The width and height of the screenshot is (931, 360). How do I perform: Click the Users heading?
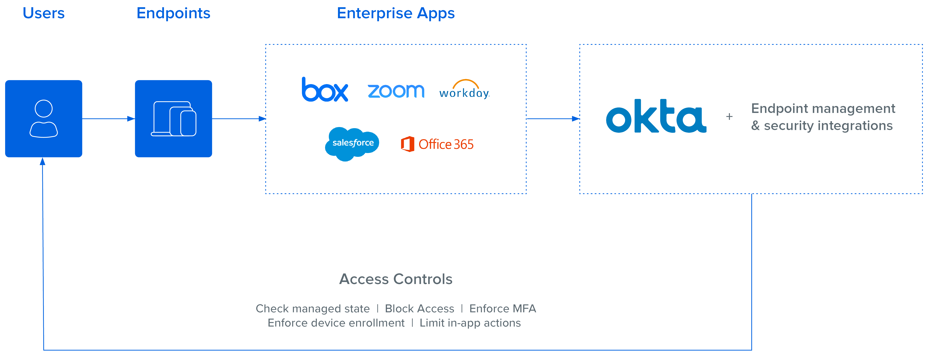(x=44, y=13)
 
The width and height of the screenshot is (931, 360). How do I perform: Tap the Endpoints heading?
(x=173, y=13)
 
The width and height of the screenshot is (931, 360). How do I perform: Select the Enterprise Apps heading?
(x=396, y=13)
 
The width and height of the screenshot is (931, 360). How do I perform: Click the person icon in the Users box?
(x=44, y=118)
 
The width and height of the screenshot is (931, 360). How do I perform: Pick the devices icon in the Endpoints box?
(x=173, y=118)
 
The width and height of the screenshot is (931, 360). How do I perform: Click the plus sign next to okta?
(x=729, y=116)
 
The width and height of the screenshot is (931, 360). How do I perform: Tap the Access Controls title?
(x=396, y=279)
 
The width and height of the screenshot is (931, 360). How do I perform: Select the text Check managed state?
(x=313, y=309)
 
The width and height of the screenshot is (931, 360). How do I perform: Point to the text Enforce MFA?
(x=502, y=309)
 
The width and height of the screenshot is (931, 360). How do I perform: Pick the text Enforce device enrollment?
(x=336, y=323)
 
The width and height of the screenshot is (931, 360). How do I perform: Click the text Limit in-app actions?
(x=470, y=323)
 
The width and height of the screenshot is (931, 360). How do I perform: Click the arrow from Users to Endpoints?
(x=108, y=118)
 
